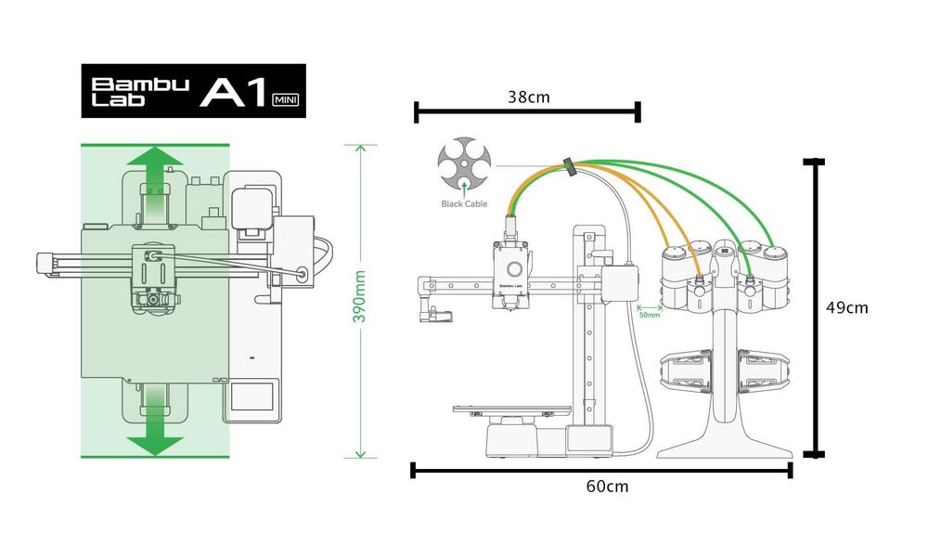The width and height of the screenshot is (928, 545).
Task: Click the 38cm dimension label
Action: pos(527,97)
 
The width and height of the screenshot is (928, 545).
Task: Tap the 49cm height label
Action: pos(846,308)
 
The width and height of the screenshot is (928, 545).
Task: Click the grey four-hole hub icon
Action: pos(461,164)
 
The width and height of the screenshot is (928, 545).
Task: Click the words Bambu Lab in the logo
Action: pos(139,91)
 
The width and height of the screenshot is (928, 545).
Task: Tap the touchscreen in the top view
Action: pos(252,396)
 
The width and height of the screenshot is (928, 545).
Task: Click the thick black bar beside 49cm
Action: pos(813,308)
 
